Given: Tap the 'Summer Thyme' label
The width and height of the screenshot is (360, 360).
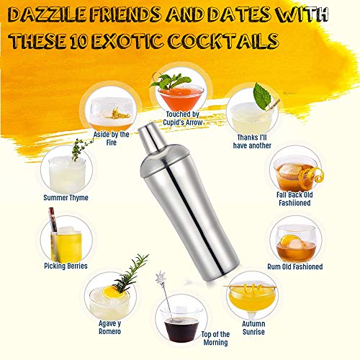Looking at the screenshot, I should coord(66,198).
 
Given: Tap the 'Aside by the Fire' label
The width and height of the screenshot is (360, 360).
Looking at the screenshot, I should coord(111,138).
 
